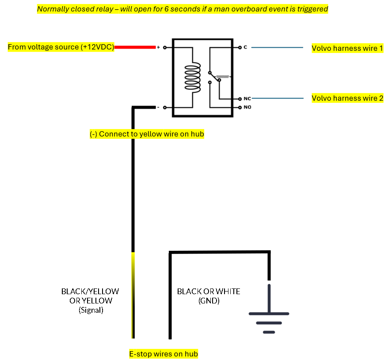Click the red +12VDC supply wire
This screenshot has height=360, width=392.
tap(135, 47)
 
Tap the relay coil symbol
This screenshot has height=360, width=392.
tap(193, 77)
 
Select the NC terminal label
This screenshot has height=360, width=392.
tap(247, 99)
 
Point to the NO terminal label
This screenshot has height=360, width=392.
tap(247, 107)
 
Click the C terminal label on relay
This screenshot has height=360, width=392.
tap(245, 47)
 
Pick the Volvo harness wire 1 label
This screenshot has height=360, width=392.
tap(347, 48)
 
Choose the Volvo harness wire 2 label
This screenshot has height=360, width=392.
tap(347, 98)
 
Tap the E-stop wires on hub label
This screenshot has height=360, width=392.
tap(164, 354)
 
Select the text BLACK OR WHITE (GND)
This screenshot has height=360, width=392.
tap(209, 296)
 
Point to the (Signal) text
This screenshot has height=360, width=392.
tap(91, 310)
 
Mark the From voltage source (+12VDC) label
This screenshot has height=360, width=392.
tap(61, 47)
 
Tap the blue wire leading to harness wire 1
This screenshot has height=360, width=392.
tap(277, 47)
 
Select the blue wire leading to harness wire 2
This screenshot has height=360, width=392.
tap(278, 99)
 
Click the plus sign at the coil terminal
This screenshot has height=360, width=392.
tap(158, 47)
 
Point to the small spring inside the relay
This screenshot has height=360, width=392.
tap(222, 77)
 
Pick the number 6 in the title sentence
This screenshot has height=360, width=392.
tap(166, 9)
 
